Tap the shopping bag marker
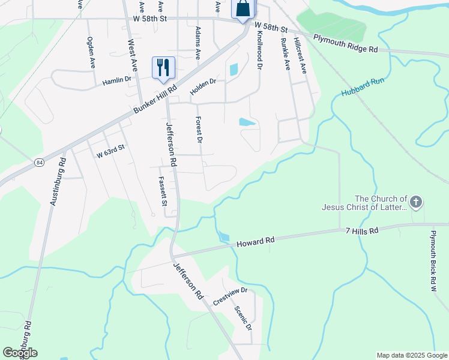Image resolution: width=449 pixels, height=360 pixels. pos(243,8)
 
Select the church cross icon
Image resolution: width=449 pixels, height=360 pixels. pos(417,202)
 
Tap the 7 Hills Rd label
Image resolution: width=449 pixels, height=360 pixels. pos(362,231)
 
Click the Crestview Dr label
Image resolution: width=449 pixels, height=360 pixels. pos(231,297)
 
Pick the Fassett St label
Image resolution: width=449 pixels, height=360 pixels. pos(162,191)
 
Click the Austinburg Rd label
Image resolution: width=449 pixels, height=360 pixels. pos(57,181)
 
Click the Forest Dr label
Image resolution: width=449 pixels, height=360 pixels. pos(199,130)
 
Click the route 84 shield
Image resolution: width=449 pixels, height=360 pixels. pos(39,163)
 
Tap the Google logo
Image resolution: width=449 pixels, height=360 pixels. pos(20,352)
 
